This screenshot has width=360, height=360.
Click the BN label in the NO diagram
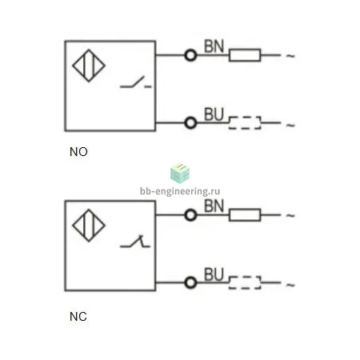click(214, 46)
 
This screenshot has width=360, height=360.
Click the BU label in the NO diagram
click(214, 114)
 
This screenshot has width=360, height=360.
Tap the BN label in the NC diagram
click(214, 206)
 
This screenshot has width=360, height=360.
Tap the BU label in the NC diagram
click(214, 274)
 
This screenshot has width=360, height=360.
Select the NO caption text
click(78, 152)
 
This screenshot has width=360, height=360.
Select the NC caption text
click(78, 317)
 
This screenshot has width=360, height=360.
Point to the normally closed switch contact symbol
click(135, 242)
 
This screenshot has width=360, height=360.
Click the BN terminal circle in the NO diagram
click(190, 55)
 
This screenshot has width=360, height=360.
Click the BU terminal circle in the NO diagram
click(190, 123)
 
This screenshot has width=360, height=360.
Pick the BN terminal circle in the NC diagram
click(190, 215)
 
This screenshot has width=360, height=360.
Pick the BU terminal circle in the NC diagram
click(190, 282)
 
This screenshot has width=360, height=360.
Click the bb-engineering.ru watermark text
click(180, 191)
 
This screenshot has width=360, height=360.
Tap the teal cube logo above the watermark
click(180, 174)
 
